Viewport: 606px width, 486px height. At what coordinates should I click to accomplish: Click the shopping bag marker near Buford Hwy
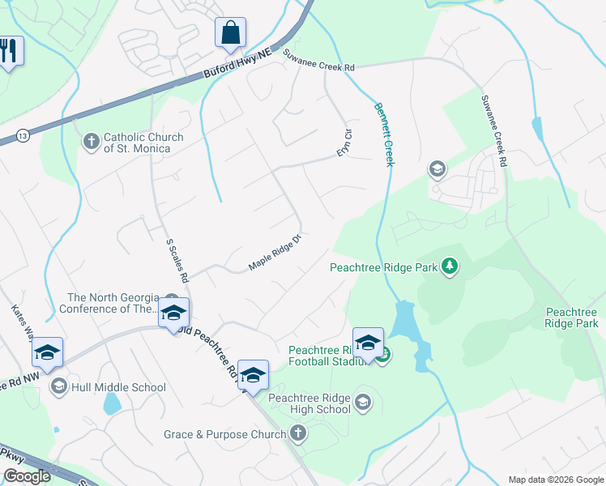tap(230, 33)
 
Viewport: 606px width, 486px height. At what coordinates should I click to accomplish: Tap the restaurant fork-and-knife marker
tap(9, 51)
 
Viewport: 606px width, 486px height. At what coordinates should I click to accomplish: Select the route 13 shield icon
tap(22, 136)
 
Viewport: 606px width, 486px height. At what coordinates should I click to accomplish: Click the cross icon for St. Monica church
tap(92, 143)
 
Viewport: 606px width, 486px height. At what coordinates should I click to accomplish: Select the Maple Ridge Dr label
tap(275, 253)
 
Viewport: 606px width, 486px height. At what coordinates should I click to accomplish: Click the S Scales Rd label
tap(177, 260)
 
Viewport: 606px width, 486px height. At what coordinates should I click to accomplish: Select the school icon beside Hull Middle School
tap(58, 387)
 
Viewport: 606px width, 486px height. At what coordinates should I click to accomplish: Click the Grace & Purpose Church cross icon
tap(298, 434)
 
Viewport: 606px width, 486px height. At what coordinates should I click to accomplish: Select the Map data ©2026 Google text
tap(555, 480)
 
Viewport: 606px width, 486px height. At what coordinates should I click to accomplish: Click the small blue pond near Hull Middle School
tap(113, 403)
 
